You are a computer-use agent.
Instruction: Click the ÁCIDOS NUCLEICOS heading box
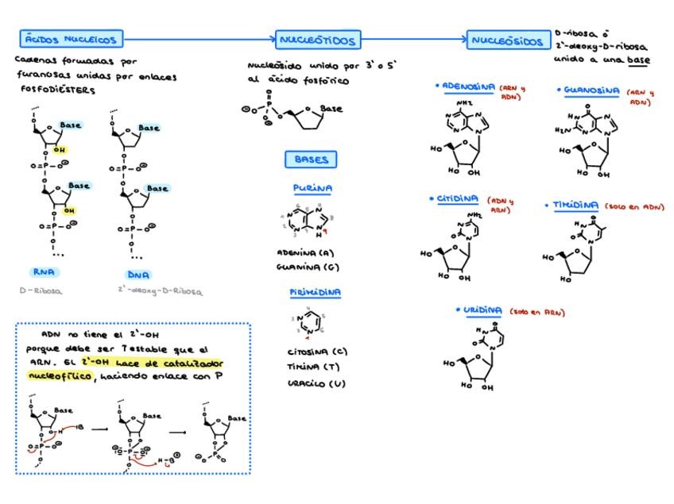(x=71, y=39)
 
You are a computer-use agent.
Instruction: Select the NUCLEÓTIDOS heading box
(x=318, y=40)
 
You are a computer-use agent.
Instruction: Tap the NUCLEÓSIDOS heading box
(x=508, y=40)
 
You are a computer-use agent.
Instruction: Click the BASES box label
(x=311, y=160)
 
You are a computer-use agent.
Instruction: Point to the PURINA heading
(x=312, y=189)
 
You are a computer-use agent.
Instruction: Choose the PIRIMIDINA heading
(x=316, y=292)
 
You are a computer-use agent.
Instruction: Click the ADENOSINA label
(x=468, y=87)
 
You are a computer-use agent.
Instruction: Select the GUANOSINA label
(x=591, y=91)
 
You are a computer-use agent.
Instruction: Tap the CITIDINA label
(x=458, y=199)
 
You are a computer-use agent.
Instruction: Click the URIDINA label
(x=483, y=310)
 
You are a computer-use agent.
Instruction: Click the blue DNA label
(x=138, y=275)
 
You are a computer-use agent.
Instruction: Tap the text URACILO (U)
(x=316, y=383)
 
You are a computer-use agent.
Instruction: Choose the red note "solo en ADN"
(x=634, y=206)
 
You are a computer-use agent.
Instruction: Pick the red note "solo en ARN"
(x=537, y=313)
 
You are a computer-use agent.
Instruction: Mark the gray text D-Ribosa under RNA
(x=41, y=290)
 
